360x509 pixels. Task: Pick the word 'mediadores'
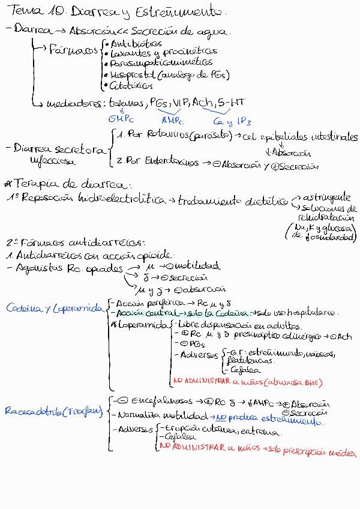[x=75, y=103]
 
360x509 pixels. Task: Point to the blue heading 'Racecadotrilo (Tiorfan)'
[x=53, y=412]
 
